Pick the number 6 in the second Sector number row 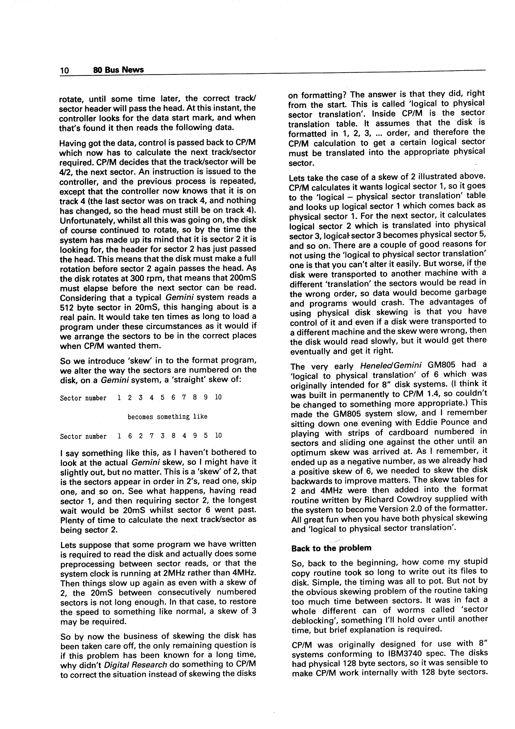(130, 436)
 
